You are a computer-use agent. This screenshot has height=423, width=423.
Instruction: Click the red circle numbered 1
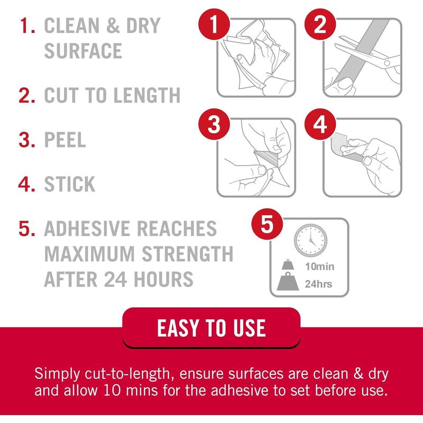point(214,24)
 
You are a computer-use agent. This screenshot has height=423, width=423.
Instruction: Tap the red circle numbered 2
point(320,24)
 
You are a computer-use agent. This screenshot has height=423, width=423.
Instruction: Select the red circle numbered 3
point(214,124)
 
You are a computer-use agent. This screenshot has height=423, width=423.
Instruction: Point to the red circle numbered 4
point(320,124)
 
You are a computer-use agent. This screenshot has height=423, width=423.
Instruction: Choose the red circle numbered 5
point(267,224)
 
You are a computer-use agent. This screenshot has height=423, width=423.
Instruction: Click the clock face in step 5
point(310,240)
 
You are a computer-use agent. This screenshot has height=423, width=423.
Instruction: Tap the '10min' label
point(320,266)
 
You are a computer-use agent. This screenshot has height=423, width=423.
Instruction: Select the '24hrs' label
point(318,284)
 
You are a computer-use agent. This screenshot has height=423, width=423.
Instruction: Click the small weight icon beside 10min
point(288,265)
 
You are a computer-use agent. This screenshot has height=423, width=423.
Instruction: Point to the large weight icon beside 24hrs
point(288,281)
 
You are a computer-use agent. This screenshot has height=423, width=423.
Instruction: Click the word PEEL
point(65,140)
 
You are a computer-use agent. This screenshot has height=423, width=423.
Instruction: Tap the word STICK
point(70,184)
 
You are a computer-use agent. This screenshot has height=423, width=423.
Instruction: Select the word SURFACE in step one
point(83,51)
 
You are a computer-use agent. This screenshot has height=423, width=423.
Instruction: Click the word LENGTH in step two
point(147,95)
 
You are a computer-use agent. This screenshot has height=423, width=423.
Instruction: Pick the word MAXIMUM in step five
point(89,254)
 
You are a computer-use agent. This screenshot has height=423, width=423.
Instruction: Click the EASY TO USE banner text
point(212,328)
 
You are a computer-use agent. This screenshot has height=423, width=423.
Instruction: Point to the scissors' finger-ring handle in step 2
point(387,63)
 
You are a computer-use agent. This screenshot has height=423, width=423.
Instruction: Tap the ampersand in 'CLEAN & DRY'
point(113,25)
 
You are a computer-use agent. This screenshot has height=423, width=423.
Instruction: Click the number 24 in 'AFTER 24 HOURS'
point(115,279)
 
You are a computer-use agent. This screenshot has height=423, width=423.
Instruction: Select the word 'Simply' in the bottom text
point(57,374)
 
